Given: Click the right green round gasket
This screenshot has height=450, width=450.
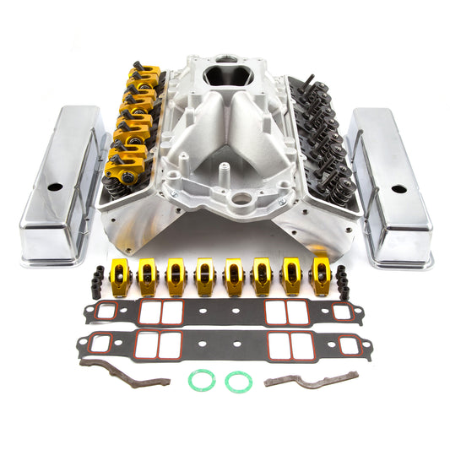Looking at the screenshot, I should tap(238, 382).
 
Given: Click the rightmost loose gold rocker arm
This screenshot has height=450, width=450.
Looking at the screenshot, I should tap(322, 275).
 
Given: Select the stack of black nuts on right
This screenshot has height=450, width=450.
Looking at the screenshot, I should tap(344, 280).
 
